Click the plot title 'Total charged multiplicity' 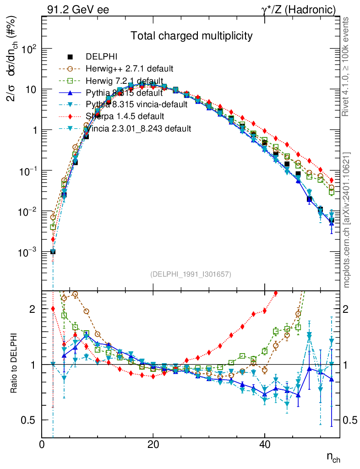click(191, 36)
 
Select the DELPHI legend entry click(102, 57)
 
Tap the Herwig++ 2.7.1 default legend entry click(129, 69)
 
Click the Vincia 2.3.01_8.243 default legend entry click(138, 128)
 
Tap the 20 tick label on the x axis click(153, 444)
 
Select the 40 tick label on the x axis click(264, 444)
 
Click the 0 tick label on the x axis click(42, 444)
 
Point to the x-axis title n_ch click(333, 457)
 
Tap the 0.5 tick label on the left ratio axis click(29, 420)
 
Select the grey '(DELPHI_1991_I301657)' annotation click(191, 274)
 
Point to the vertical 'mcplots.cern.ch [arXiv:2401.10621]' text click(347, 220)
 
